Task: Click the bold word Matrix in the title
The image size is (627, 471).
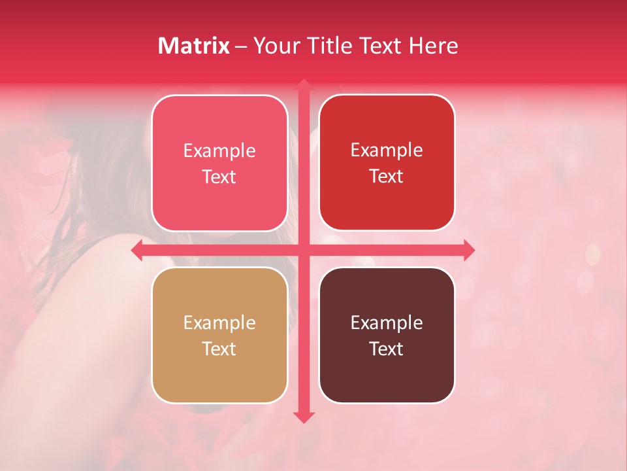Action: coord(194,46)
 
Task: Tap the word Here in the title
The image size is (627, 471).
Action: coord(434,46)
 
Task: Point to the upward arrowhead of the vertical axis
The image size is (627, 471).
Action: coord(303,85)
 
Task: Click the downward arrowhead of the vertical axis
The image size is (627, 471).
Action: coord(303,417)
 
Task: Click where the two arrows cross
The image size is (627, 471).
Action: coord(303,250)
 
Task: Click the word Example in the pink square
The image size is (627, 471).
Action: coord(219,151)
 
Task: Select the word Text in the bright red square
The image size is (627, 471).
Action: coord(387,177)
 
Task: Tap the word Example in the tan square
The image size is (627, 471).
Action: coord(219,323)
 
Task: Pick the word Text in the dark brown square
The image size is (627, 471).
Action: coord(387,349)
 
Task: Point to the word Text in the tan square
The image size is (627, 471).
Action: coord(219,349)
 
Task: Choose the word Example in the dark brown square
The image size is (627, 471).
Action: coord(387,323)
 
